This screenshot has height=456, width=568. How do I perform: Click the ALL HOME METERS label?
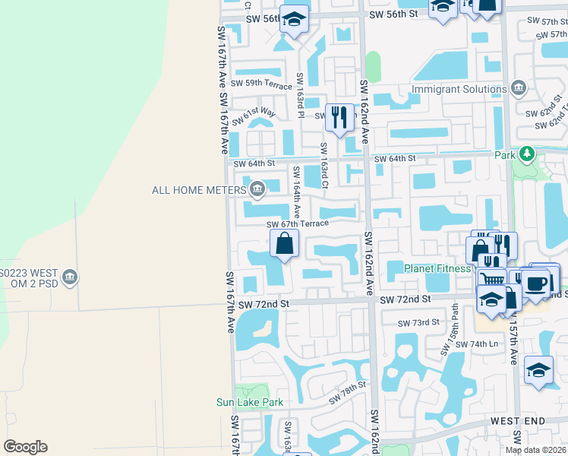199,189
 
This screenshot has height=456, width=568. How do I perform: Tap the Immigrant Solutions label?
459,89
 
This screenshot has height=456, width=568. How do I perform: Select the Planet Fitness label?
438,268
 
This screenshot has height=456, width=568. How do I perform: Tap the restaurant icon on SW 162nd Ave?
339,118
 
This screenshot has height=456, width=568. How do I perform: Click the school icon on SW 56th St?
293,21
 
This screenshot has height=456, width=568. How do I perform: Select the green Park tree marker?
525,154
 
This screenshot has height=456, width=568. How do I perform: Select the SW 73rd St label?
419,322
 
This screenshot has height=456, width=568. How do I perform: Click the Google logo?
25,447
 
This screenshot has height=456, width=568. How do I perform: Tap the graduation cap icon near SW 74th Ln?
538,370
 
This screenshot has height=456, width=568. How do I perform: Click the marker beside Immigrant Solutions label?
519,89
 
